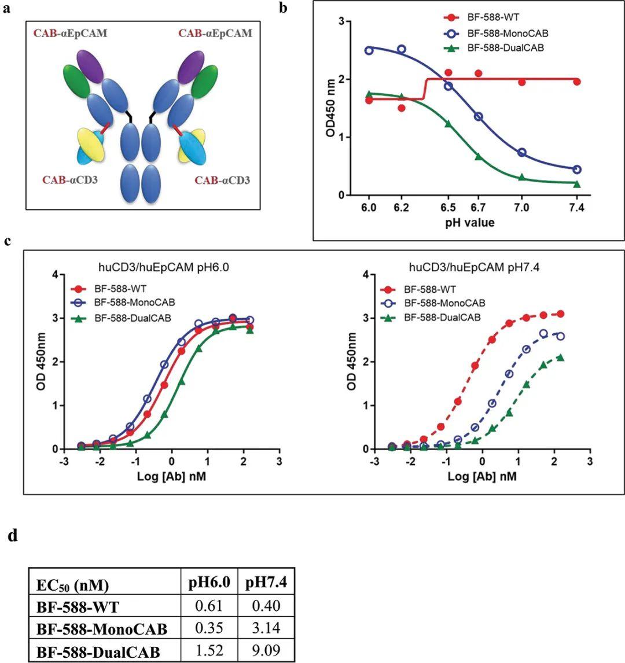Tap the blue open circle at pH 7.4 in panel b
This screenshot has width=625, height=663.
point(576,170)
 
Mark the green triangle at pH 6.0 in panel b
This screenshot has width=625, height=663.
point(369,94)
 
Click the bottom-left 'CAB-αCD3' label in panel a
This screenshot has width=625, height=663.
point(70,181)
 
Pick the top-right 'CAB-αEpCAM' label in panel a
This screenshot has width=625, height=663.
point(215,34)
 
